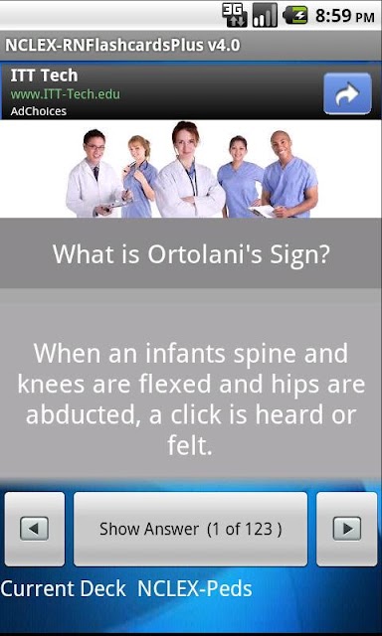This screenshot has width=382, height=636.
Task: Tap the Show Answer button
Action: click(190, 529)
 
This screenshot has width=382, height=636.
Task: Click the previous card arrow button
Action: click(35, 529)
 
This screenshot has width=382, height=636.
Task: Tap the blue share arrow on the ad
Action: click(347, 93)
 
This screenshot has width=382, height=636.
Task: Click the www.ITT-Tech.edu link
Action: click(66, 94)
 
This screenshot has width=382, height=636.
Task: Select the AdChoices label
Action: click(38, 111)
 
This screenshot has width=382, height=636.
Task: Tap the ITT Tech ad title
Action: click(44, 76)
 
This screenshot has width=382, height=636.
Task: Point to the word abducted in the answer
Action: click(84, 415)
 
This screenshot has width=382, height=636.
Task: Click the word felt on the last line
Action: click(190, 446)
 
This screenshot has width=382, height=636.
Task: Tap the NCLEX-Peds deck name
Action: click(195, 589)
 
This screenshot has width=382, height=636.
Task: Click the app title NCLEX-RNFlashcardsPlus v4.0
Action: click(122, 45)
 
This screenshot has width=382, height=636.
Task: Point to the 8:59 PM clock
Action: click(344, 16)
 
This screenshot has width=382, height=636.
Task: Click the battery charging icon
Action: click(295, 15)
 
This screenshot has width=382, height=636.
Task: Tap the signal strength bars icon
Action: click(265, 16)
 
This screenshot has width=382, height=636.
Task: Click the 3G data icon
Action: click(235, 16)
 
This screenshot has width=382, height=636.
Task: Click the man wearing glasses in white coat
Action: click(94, 175)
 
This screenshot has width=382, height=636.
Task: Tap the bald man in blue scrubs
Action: click(288, 175)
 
